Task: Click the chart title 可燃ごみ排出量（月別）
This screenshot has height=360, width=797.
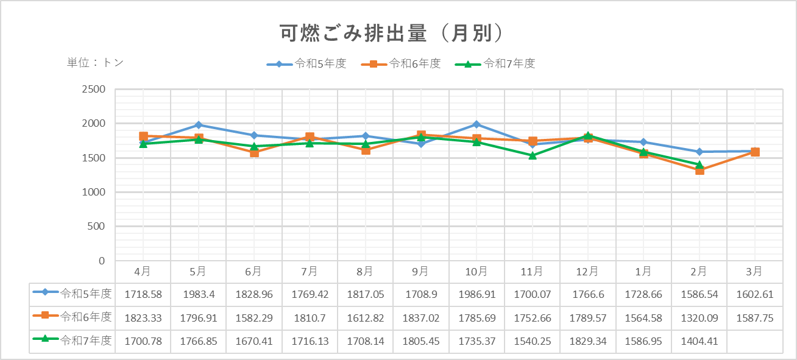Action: pyautogui.click(x=392, y=34)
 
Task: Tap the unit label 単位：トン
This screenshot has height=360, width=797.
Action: pyautogui.click(x=95, y=62)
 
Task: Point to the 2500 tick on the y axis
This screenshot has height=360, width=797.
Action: pyautogui.click(x=93, y=90)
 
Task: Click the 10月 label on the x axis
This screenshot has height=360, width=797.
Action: pyautogui.click(x=476, y=271)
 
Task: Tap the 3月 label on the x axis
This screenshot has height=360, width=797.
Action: pyautogui.click(x=754, y=271)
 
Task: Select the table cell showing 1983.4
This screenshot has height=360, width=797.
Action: pyautogui.click(x=198, y=294)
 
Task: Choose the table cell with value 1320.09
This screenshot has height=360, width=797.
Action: pyautogui.click(x=699, y=318)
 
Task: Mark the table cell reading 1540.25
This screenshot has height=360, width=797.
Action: pyautogui.click(x=532, y=341)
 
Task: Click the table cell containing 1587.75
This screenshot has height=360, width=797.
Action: pyautogui.click(x=754, y=318)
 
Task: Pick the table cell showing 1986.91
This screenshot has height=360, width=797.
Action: pyautogui.click(x=476, y=294)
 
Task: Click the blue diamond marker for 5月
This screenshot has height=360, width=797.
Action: pyautogui.click(x=199, y=125)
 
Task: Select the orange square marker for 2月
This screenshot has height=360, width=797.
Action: pyautogui.click(x=700, y=171)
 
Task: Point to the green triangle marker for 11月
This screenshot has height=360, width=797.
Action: pyautogui.click(x=533, y=155)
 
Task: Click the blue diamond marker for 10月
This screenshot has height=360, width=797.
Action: pyautogui.click(x=476, y=124)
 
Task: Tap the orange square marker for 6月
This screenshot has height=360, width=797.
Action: pyautogui.click(x=254, y=152)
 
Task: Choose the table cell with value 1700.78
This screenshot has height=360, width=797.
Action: pyautogui.click(x=143, y=341)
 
